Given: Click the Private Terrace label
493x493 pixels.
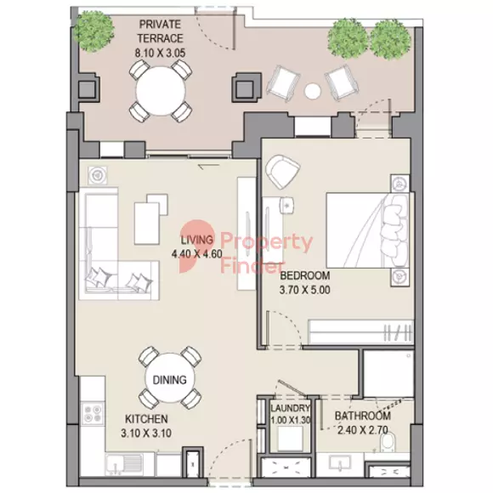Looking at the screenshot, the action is coord(161,31).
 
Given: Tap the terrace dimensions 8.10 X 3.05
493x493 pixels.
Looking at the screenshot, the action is coord(161,53).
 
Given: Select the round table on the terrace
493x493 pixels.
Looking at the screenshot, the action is coord(161,91).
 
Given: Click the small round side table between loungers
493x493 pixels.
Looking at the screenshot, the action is coord(313,91).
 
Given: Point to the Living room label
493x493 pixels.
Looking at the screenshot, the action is coord(197,240).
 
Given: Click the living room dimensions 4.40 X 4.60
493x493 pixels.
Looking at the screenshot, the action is coord(197,254).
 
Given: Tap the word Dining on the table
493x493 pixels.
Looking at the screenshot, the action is coord(169,380).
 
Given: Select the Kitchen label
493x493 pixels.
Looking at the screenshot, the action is coord(146,419).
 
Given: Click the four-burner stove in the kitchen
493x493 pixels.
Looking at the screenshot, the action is coord(93,413).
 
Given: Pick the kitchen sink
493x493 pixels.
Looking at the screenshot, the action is coord(124,465).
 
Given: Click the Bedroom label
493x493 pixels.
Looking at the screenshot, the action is coord(305,275).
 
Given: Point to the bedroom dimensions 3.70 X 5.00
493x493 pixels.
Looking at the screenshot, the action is coord(305,290).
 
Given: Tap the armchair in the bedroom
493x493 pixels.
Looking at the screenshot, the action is coord(281,172).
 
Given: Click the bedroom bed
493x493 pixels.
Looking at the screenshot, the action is coord(368,230).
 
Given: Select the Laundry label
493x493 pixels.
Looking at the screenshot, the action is coord(290,408).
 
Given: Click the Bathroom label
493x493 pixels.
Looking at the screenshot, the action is coord(362,416).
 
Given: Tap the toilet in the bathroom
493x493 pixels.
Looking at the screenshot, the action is coord(388,443).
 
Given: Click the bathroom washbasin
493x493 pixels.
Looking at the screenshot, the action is coord(341,465).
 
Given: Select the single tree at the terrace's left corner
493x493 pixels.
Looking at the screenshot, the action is coord(93,31).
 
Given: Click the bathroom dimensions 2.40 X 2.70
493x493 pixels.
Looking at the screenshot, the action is coord(362,430).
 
